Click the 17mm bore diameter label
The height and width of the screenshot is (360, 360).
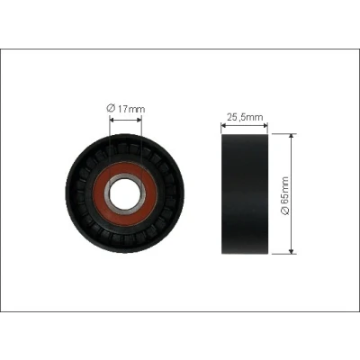tap(126, 109)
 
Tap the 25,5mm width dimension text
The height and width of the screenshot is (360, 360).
tap(245, 117)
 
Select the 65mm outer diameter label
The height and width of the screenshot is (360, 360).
tap(284, 195)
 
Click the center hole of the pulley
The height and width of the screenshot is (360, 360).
tap(125, 193)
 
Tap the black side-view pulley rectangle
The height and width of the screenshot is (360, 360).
tap(245, 194)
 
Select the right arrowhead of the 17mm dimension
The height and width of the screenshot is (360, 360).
tap(139, 120)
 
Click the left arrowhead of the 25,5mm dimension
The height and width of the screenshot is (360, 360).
tap(223, 125)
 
